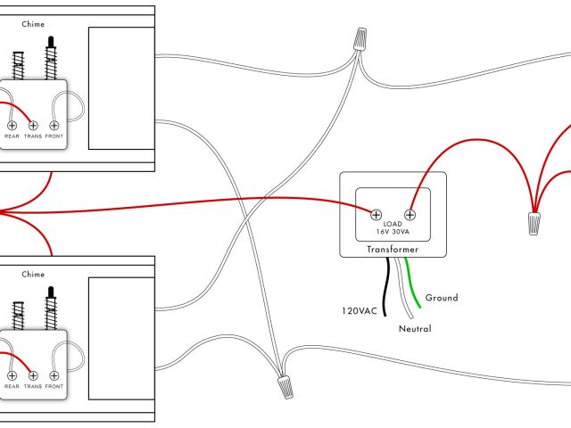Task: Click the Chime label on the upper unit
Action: click(33, 24)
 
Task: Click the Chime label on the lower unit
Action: click(33, 275)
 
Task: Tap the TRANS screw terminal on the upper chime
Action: click(33, 126)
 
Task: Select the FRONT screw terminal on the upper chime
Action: click(54, 126)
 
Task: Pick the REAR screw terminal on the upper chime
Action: click(12, 126)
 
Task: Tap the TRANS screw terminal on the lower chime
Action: click(33, 375)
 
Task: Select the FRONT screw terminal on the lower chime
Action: click(54, 375)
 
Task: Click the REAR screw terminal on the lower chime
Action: click(12, 375)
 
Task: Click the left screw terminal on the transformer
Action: click(377, 214)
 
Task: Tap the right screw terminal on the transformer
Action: click(410, 214)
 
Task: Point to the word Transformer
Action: click(393, 251)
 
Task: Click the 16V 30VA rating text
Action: click(393, 233)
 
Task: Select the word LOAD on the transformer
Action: click(393, 224)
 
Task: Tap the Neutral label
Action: click(415, 329)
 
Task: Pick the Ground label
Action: click(442, 298)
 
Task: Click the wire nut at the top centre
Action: click(360, 39)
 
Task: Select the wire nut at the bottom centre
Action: click(285, 386)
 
